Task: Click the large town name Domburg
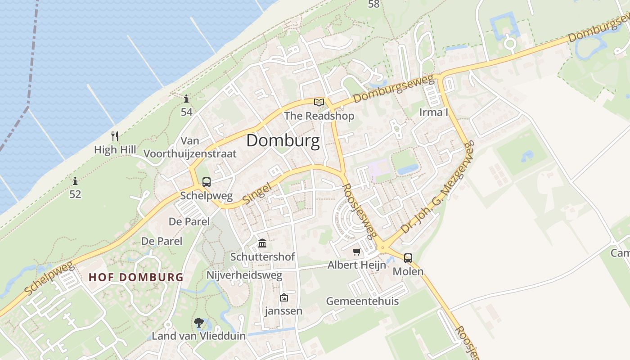[x=283, y=141]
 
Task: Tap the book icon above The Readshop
[x=319, y=102]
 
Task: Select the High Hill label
[x=115, y=149]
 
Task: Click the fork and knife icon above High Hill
[x=115, y=135]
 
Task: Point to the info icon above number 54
[x=186, y=99]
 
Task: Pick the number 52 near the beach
[x=75, y=194]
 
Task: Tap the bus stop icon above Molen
[x=408, y=258]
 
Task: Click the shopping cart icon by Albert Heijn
[x=357, y=252]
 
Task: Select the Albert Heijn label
[x=356, y=265]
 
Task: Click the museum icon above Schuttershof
[x=262, y=243]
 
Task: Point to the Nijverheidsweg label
[x=244, y=275]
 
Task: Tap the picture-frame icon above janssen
[x=283, y=297]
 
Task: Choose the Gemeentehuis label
[x=362, y=301]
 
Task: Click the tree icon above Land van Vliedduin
[x=198, y=323]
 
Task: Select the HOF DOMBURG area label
[x=136, y=277]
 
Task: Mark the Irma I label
[x=433, y=112]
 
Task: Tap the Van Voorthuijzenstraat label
[x=190, y=147]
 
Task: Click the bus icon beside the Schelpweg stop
[x=206, y=182]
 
